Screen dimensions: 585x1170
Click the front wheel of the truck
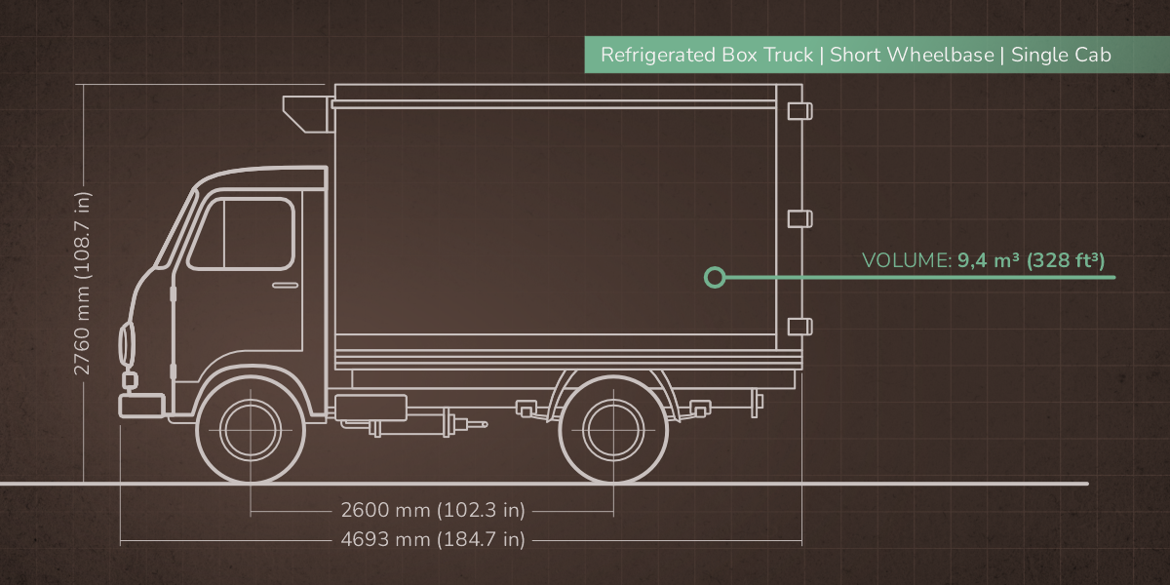point(251,429)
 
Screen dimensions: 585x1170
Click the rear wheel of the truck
point(613,429)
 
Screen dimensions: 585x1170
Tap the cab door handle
point(286,285)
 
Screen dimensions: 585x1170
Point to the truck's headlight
point(126,344)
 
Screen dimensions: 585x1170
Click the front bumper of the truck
point(141,405)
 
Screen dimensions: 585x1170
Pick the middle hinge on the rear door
point(799,217)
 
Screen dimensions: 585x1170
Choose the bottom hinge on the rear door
point(799,326)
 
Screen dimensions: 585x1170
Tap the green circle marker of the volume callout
point(715,278)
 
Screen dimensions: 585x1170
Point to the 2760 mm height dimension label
point(84,283)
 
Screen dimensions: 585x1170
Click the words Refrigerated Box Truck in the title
point(706,55)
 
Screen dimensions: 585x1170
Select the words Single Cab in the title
point(1061,55)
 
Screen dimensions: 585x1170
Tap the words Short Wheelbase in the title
point(912,55)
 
